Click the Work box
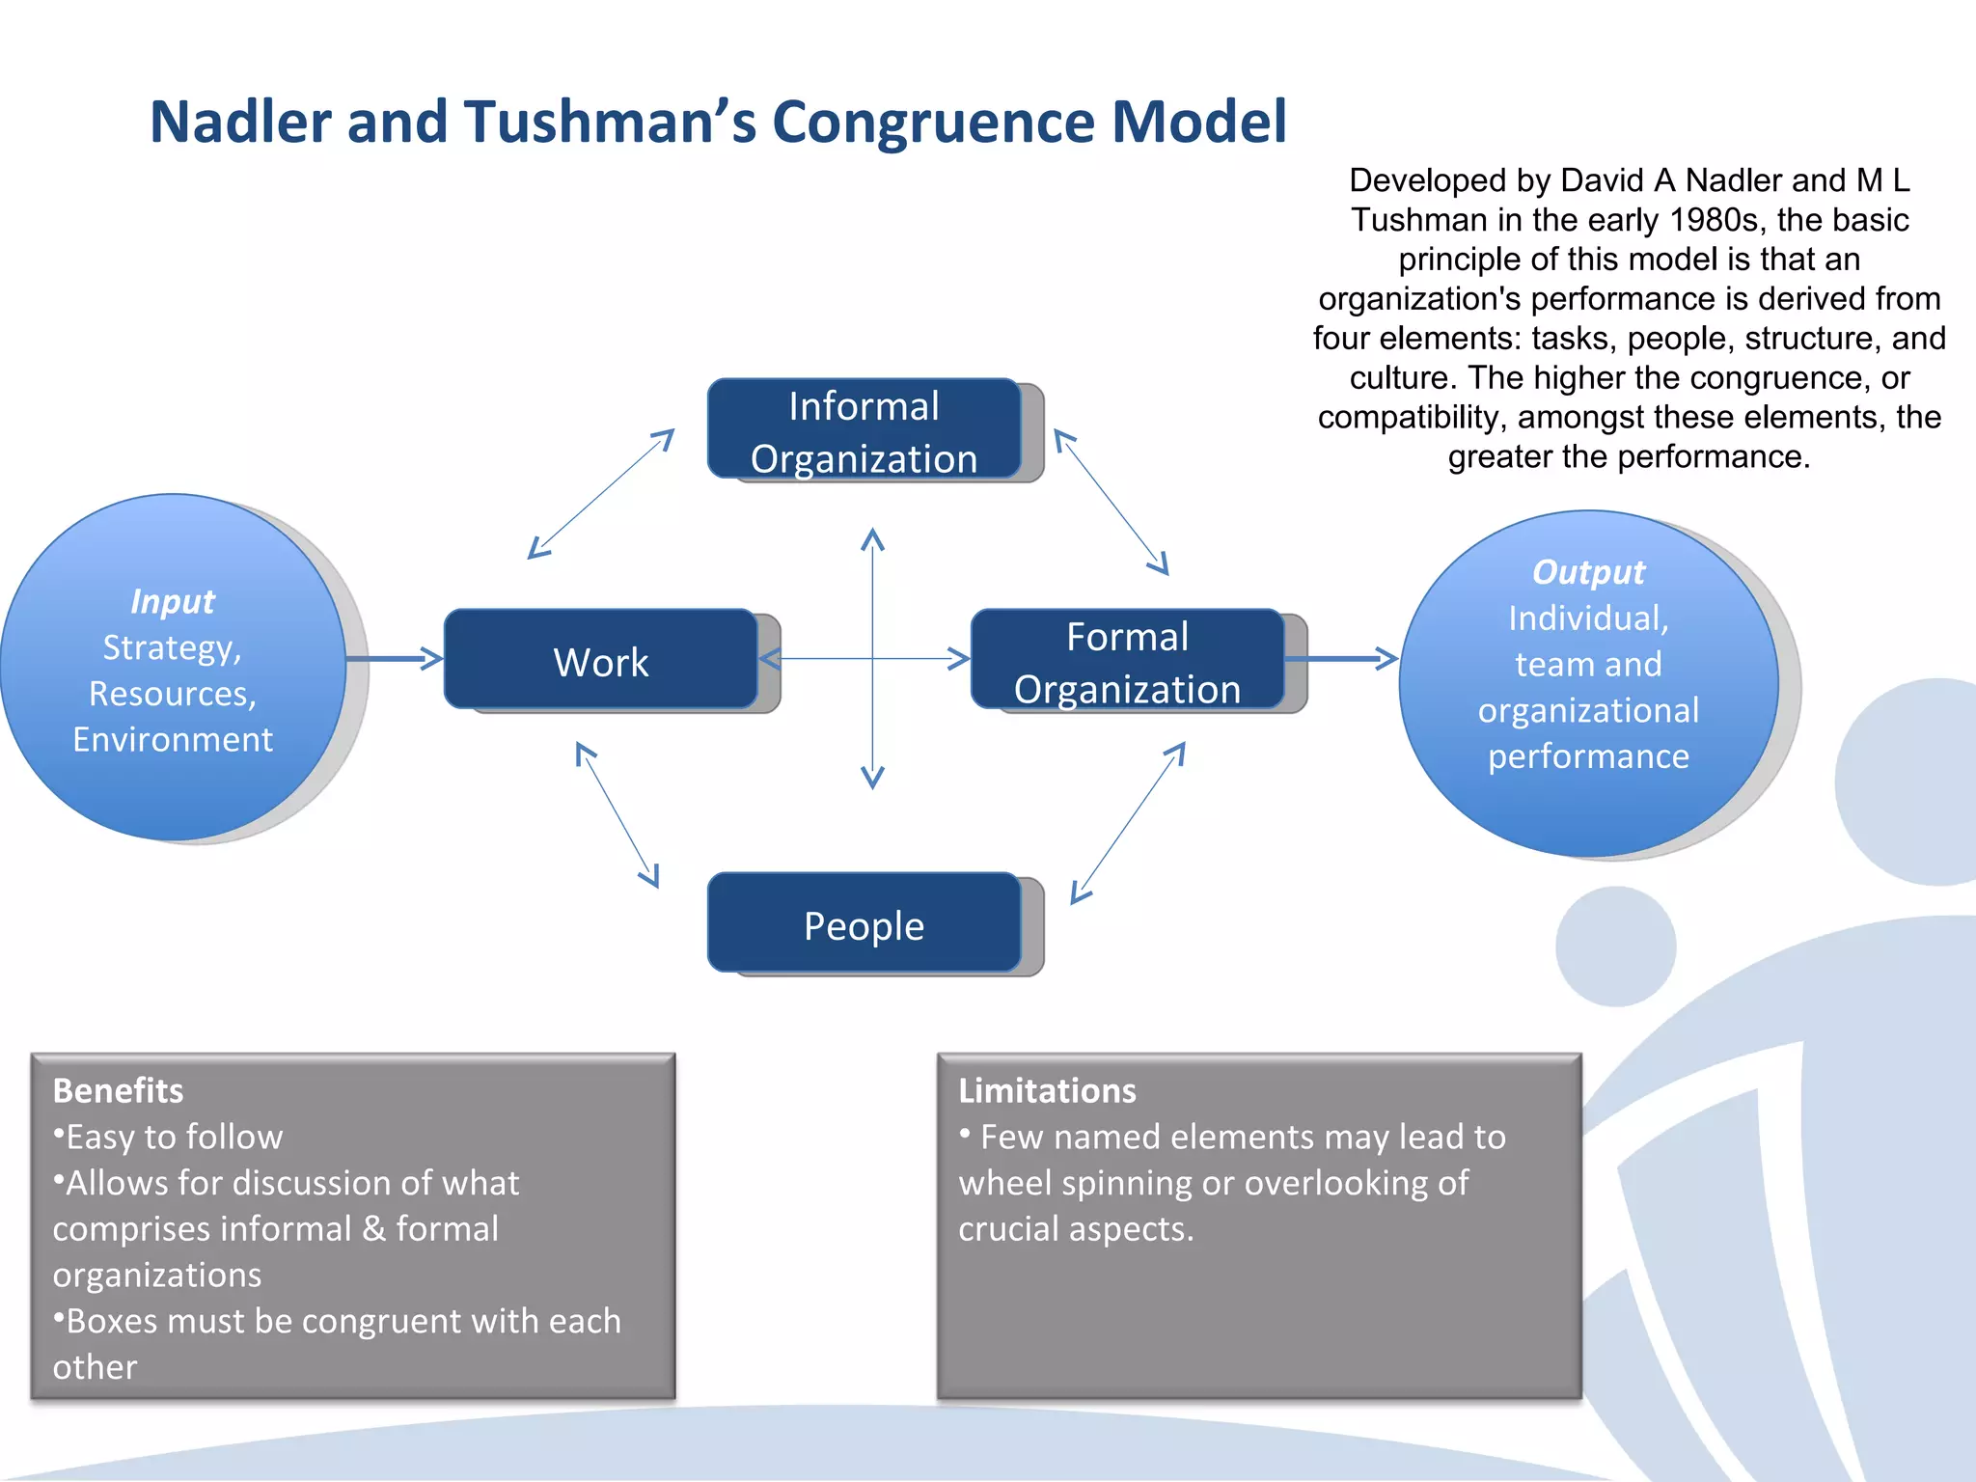[600, 660]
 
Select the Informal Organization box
[864, 429]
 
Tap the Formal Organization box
[1127, 660]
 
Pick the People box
[864, 923]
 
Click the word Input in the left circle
[172, 601]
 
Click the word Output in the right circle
[1588, 572]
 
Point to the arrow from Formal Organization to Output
[1341, 659]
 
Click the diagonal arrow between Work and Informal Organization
[600, 494]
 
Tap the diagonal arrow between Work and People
[617, 814]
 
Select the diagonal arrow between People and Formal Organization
[1128, 822]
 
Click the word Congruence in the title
[933, 123]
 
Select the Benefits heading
[118, 1090]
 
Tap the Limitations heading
[1047, 1090]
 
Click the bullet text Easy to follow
[174, 1137]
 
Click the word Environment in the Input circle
[173, 739]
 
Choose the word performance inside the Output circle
[1588, 756]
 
